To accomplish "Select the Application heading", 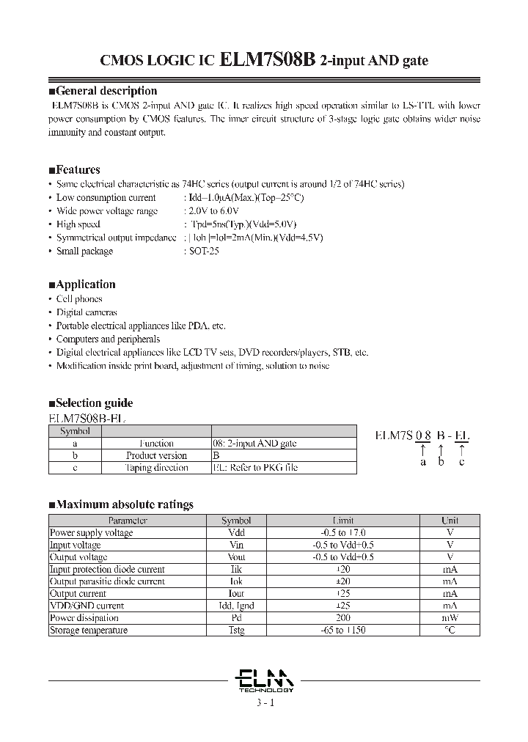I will tap(82, 284).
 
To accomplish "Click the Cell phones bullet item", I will tap(79, 298).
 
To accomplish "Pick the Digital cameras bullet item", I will tap(87, 312).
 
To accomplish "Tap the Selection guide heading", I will tap(90, 403).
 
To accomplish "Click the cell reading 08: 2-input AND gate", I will tap(254, 444).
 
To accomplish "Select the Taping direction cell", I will tap(156, 467).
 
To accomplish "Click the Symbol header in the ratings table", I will tap(236, 521).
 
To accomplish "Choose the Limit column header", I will tap(343, 521).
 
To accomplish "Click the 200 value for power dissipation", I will tap(343, 618).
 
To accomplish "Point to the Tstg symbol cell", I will tap(236, 631).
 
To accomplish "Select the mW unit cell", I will tap(450, 618).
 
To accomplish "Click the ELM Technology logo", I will tap(266, 679).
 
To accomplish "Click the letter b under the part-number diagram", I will tap(441, 462).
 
